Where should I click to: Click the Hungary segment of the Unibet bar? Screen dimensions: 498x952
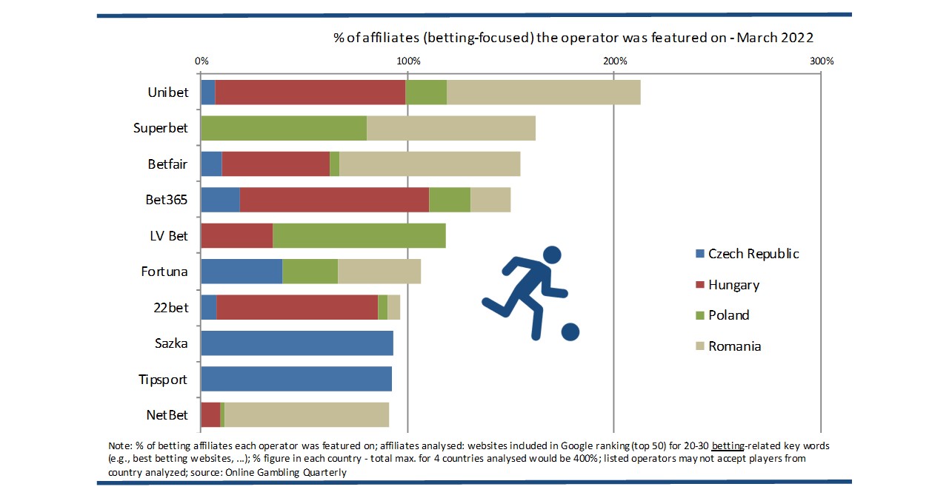click(x=310, y=92)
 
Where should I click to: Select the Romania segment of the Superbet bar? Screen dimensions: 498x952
click(x=450, y=128)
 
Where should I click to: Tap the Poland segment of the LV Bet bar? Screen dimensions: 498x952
click(x=359, y=236)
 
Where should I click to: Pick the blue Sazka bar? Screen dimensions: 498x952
click(x=296, y=343)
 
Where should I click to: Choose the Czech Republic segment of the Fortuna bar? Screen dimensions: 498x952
click(x=242, y=272)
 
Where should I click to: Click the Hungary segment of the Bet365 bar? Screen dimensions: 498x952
click(x=334, y=200)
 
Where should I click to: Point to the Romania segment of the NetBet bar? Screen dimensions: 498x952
click(x=307, y=415)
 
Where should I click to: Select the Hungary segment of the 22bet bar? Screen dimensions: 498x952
click(x=297, y=308)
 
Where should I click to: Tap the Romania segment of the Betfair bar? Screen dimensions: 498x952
click(x=430, y=164)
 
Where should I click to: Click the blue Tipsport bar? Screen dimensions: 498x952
click(x=296, y=380)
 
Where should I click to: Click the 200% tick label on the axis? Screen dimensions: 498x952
click(x=614, y=61)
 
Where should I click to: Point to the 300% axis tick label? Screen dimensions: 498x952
click(x=821, y=61)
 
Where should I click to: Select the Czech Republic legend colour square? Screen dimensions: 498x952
click(x=699, y=254)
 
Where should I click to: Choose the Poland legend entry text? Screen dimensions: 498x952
click(x=728, y=315)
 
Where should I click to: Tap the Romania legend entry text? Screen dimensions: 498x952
click(x=734, y=346)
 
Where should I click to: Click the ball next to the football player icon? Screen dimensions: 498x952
click(x=570, y=332)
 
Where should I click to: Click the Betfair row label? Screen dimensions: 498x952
click(x=167, y=164)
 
